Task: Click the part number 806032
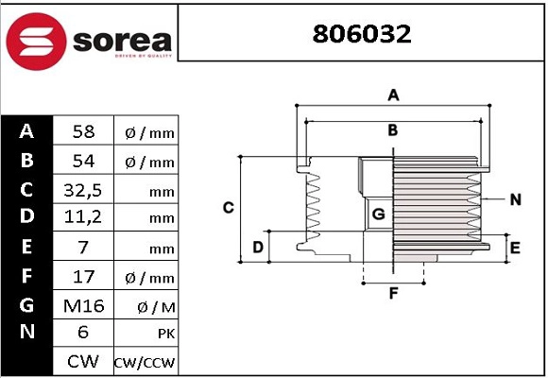(x=364, y=34)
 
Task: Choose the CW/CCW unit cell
(x=145, y=362)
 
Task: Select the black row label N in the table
(x=26, y=333)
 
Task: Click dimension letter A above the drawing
(x=394, y=94)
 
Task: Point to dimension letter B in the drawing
(x=393, y=129)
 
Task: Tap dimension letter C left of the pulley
(x=228, y=208)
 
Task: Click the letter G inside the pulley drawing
(x=378, y=215)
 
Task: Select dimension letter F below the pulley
(x=394, y=293)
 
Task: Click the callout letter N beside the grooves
(x=515, y=199)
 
